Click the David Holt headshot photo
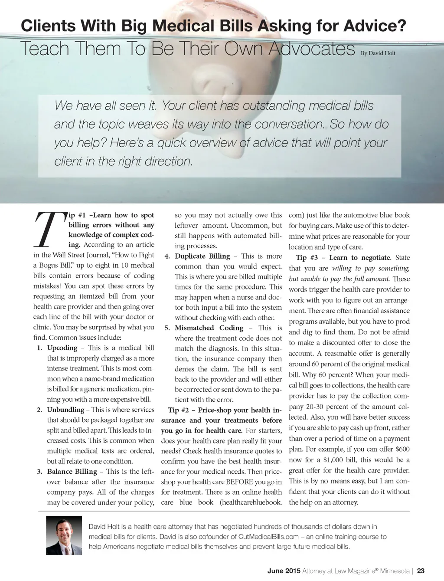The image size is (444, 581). pyautogui.click(x=64, y=535)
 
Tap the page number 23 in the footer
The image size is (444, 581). pyautogui.click(x=421, y=571)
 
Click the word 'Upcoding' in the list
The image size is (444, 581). pyautogui.click(x=62, y=348)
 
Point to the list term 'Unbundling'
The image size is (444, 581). pyautogui.click(x=65, y=410)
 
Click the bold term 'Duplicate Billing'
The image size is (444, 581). pyautogui.click(x=202, y=256)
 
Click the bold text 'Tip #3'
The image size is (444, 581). pyautogui.click(x=307, y=257)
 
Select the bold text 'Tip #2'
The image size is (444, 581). pyautogui.click(x=180, y=410)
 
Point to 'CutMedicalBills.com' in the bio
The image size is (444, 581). pyautogui.click(x=268, y=536)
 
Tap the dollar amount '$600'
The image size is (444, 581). pyautogui.click(x=402, y=449)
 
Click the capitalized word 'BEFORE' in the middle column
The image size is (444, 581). pyautogui.click(x=239, y=482)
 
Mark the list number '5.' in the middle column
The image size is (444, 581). pyautogui.click(x=167, y=328)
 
